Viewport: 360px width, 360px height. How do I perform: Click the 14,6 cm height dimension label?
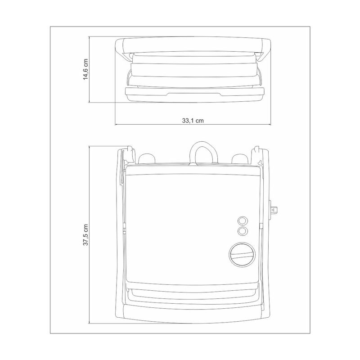(85, 69)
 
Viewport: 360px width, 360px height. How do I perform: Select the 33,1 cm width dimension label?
(193, 121)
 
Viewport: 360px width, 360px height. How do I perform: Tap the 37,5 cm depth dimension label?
(85, 235)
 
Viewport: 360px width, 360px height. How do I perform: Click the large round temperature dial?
(242, 254)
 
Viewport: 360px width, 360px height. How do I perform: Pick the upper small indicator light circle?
(243, 221)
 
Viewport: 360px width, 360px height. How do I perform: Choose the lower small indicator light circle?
(243, 231)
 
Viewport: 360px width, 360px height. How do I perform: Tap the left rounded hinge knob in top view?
(147, 158)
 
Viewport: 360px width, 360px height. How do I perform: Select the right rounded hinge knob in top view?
(240, 158)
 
